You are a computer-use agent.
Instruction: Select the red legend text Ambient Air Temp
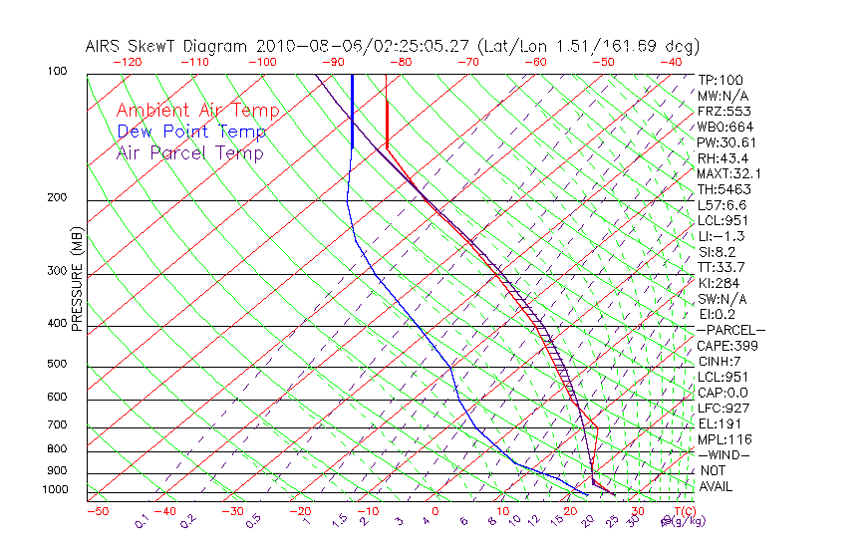197,111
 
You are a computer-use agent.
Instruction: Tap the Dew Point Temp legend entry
191,132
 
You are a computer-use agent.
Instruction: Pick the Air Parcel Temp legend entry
189,152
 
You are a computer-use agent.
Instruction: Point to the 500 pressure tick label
56,365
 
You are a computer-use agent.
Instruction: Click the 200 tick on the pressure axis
56,197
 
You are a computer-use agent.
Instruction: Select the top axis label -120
128,62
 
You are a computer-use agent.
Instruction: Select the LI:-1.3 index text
720,236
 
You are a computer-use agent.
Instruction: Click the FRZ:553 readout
721,112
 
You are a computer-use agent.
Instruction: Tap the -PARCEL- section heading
730,330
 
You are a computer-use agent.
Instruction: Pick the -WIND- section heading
724,454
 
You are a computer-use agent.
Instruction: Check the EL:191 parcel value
718,423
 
